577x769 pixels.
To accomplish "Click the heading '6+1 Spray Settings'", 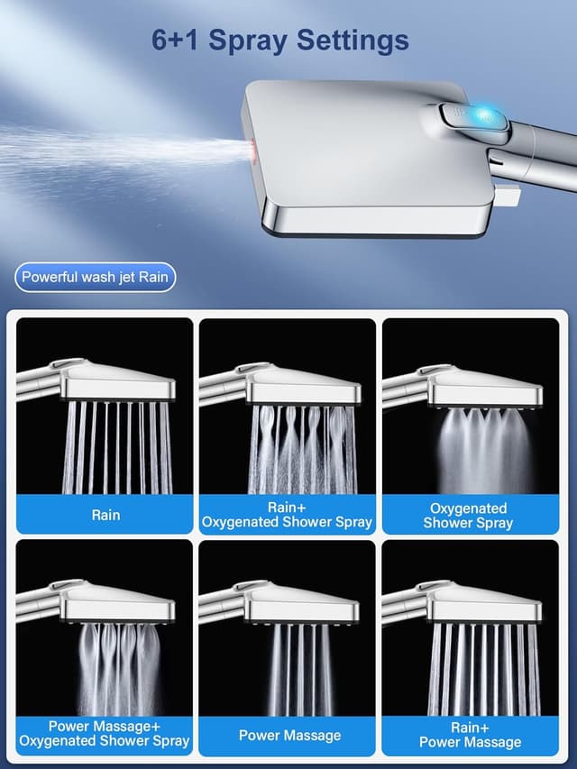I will tap(280, 41).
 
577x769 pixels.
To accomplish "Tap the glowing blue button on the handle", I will tap(487, 116).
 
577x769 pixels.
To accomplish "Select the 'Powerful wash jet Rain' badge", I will tap(96, 277).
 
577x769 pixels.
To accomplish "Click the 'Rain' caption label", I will tap(105, 515).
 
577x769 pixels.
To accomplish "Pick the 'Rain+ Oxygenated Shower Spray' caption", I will tap(287, 515).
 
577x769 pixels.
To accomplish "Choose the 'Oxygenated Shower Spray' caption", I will tap(469, 515).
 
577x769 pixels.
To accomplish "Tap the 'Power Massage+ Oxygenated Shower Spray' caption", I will tap(105, 734).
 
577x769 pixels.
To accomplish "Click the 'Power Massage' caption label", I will tap(289, 736).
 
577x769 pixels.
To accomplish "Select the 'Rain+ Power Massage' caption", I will tap(470, 735).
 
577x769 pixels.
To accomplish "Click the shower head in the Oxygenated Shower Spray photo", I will tap(482, 388).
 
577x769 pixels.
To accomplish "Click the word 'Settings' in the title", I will tap(348, 41).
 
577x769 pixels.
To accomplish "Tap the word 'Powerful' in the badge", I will tap(50, 277).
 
